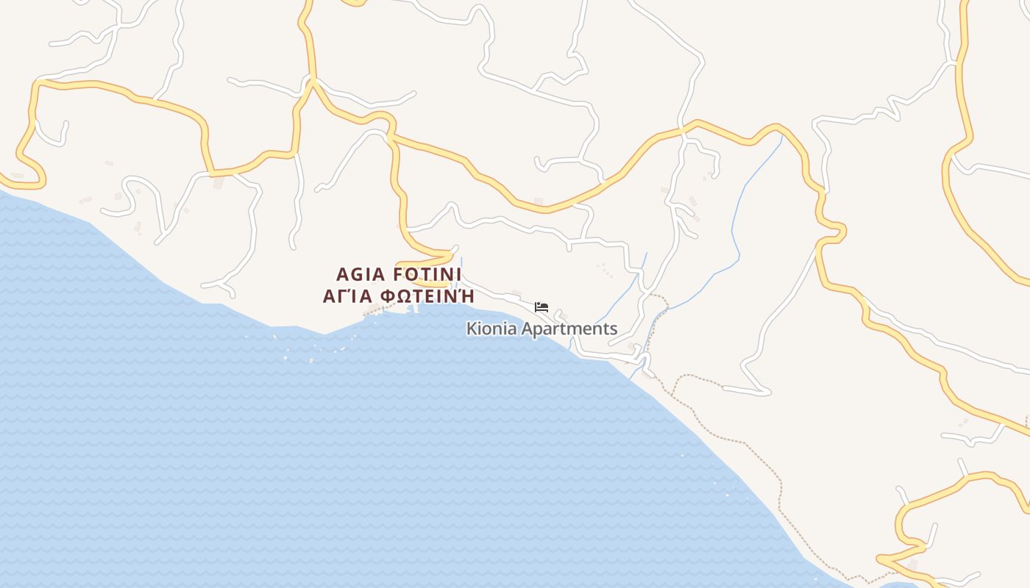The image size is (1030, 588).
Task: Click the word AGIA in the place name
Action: pos(360,275)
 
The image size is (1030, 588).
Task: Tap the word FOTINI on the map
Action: pos(427,275)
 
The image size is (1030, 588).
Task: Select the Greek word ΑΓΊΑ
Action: pos(349,296)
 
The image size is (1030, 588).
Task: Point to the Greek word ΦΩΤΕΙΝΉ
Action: pos(427,296)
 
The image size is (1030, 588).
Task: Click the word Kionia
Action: pos(491,329)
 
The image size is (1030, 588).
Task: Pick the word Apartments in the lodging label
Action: pos(569,329)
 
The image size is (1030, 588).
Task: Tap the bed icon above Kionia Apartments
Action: pos(541,307)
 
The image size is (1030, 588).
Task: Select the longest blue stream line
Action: pos(736,220)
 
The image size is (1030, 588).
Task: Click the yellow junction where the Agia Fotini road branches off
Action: pos(391,136)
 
